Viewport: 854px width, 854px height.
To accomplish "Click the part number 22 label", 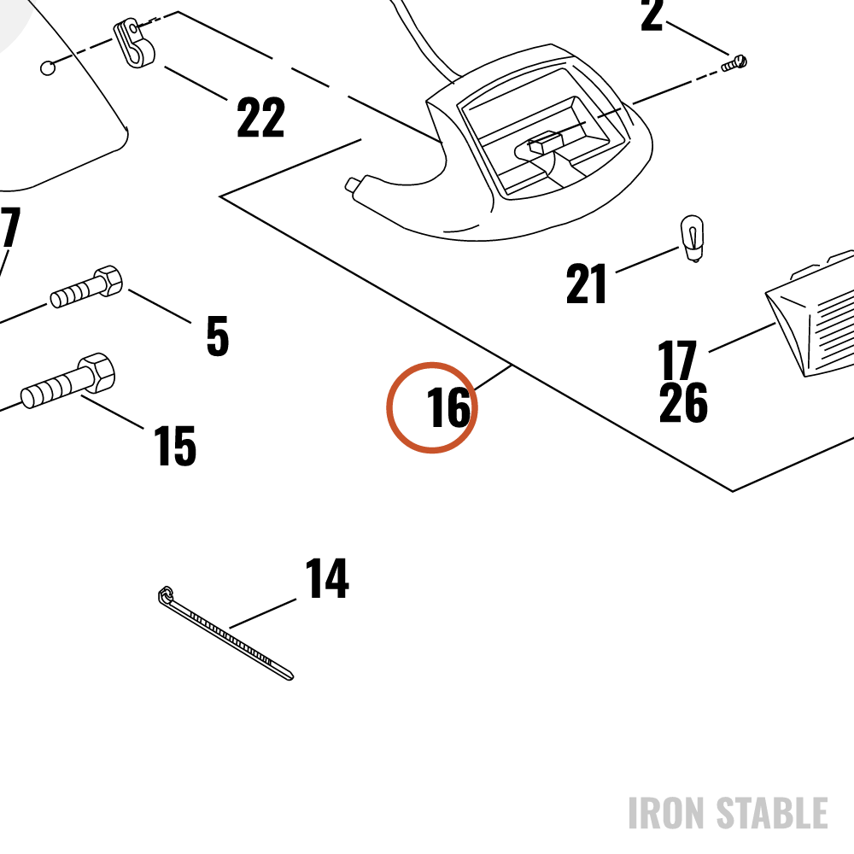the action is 260,117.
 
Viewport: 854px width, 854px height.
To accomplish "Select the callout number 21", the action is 586,284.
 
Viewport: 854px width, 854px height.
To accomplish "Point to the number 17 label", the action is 677,360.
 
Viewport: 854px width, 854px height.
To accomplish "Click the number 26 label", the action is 683,402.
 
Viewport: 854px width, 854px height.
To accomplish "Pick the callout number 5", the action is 217,336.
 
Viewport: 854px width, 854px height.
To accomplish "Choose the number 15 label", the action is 175,446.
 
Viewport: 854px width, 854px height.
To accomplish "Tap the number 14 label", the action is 327,578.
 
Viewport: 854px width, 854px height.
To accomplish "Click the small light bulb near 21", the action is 692,238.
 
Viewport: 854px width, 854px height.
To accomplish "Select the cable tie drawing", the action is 225,633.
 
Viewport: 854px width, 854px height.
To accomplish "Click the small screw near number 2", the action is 734,63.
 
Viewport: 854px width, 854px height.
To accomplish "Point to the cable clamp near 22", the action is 133,44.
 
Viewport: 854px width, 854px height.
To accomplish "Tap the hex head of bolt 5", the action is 108,280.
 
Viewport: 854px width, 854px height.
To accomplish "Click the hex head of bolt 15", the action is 97,372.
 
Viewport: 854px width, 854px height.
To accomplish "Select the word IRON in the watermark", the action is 668,813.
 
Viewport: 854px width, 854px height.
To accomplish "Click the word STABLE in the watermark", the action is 772,813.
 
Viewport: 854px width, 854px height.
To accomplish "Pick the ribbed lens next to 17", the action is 811,314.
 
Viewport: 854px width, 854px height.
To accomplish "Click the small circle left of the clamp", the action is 48,68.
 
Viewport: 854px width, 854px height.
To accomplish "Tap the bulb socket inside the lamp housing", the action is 545,142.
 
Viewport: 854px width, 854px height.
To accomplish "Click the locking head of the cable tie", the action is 166,594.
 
